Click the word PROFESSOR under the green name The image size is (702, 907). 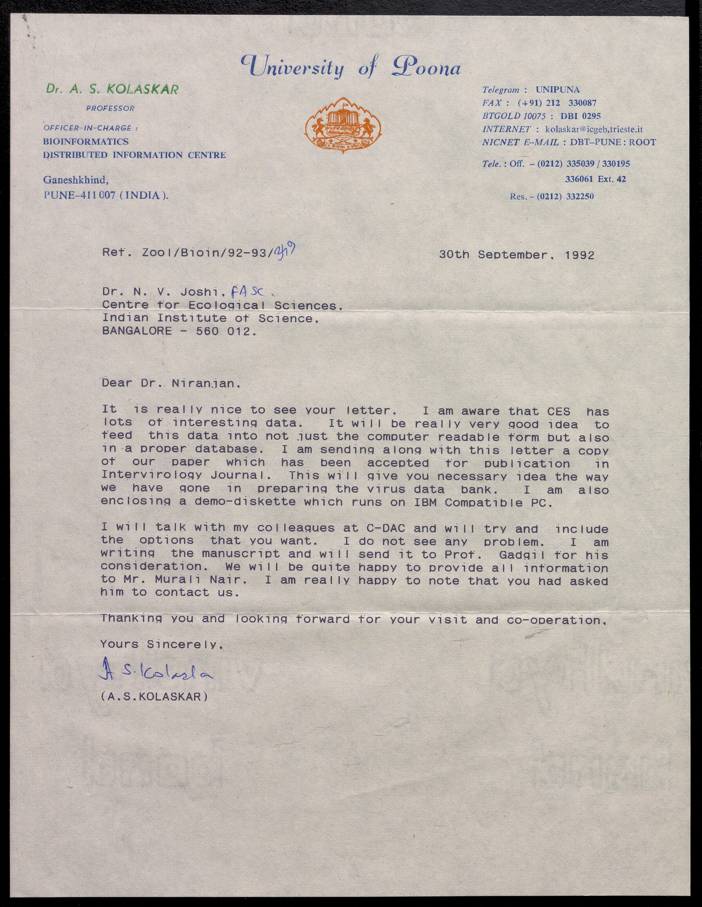(x=110, y=108)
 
